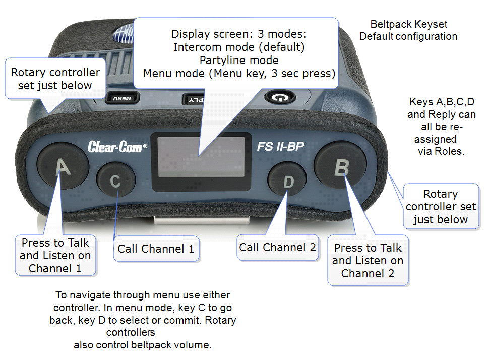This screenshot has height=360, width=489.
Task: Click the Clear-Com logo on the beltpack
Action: [x=117, y=147]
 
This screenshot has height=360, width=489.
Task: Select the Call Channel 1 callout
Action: [x=156, y=249]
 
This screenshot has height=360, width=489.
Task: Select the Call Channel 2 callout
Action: [x=278, y=248]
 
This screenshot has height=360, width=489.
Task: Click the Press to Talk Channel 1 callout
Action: [x=55, y=255]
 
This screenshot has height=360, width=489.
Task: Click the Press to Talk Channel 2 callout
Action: [x=368, y=261]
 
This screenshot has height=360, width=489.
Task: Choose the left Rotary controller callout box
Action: [x=55, y=79]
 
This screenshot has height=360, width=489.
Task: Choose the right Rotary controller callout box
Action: [x=441, y=207]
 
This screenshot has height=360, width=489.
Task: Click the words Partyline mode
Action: [x=239, y=61]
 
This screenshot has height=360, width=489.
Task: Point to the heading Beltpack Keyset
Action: [x=408, y=24]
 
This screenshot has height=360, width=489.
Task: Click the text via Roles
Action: [x=440, y=151]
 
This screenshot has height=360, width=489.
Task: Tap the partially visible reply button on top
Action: [x=192, y=99]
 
